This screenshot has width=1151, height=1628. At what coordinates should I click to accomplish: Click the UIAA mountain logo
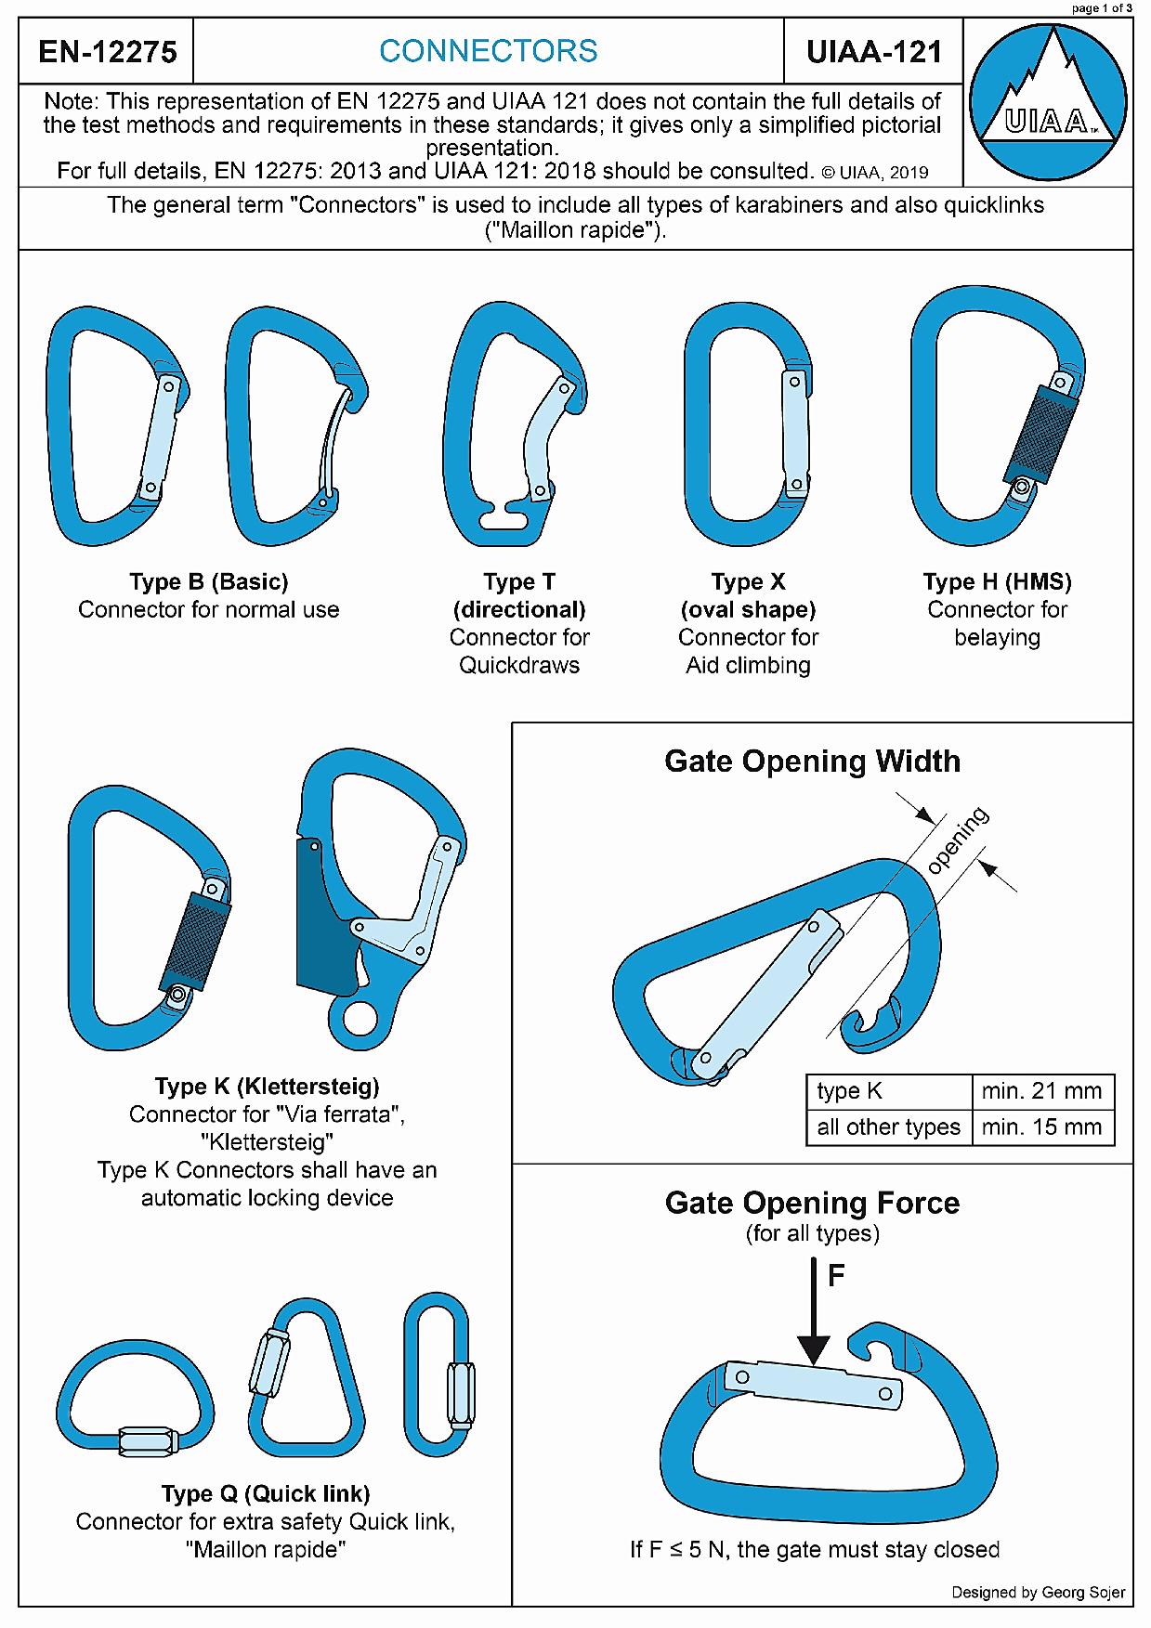pyautogui.click(x=1047, y=102)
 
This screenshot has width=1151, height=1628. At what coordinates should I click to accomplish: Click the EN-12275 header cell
pyautogui.click(x=107, y=51)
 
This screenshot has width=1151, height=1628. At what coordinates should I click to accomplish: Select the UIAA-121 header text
pyautogui.click(x=874, y=51)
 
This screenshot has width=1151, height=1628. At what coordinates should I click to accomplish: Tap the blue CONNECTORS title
pyautogui.click(x=489, y=51)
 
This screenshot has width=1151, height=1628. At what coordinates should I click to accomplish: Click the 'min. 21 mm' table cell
pyautogui.click(x=1041, y=1090)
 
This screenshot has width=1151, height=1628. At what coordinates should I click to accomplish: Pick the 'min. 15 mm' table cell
pyautogui.click(x=1041, y=1127)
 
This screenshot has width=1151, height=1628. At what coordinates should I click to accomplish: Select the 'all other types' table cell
pyautogui.click(x=888, y=1127)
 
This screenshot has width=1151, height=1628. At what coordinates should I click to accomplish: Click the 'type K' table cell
pyautogui.click(x=888, y=1090)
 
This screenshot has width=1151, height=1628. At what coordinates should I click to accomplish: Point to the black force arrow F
pyautogui.click(x=814, y=1309)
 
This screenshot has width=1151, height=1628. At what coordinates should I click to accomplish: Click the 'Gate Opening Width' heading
pyautogui.click(x=813, y=762)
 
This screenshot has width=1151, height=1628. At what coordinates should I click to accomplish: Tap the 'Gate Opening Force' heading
pyautogui.click(x=813, y=1203)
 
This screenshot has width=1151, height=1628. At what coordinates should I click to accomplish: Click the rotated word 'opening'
pyautogui.click(x=958, y=840)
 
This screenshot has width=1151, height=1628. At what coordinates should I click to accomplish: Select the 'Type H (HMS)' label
pyautogui.click(x=997, y=582)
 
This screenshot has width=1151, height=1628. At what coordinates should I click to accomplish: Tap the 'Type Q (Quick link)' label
pyautogui.click(x=266, y=1493)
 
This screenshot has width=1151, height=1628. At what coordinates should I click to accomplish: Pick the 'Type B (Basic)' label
pyautogui.click(x=209, y=582)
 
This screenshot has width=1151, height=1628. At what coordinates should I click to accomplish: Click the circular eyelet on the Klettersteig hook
pyautogui.click(x=358, y=1016)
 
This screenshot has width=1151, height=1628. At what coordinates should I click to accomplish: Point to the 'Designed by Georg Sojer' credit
pyautogui.click(x=1038, y=1592)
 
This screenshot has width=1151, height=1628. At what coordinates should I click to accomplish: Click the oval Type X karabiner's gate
pyautogui.click(x=794, y=433)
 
